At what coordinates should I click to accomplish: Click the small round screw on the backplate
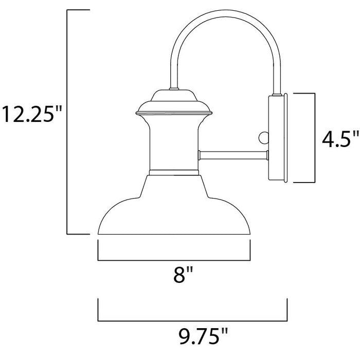point(263,137)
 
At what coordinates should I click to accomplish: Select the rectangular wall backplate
point(278,137)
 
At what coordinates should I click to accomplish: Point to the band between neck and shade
point(174,172)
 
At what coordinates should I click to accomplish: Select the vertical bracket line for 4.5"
point(314,137)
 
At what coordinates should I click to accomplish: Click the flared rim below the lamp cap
point(174,111)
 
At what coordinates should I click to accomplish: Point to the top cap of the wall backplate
point(278,96)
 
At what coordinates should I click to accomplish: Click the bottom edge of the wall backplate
point(278,181)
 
